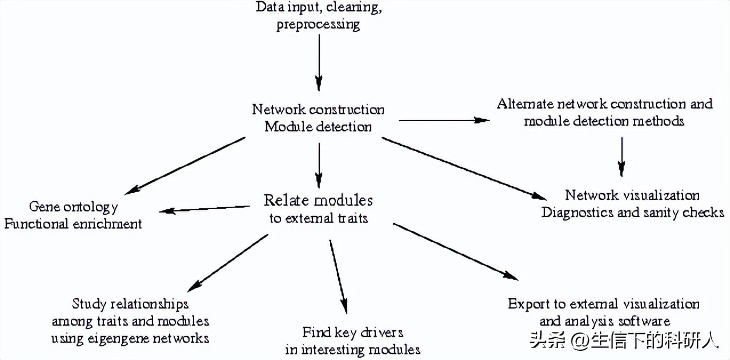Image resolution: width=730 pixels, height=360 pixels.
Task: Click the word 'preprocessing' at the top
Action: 318,25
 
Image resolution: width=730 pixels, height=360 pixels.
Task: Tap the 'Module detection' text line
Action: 318,126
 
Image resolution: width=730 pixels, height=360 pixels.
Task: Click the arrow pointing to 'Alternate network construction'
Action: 444,121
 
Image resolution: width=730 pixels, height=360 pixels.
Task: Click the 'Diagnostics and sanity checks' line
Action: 633,213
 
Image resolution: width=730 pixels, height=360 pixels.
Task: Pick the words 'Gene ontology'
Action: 74,206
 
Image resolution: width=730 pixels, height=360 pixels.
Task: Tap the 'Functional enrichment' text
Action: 73,223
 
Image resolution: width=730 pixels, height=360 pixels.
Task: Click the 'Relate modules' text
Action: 318,201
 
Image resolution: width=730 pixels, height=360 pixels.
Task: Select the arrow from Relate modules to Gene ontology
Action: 206,209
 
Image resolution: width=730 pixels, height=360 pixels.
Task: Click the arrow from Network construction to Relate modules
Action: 319,162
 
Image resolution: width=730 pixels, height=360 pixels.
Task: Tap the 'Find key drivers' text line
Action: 353,332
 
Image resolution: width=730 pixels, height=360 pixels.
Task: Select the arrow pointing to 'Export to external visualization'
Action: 455,251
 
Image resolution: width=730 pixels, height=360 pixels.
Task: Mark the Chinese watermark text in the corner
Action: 624,341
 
